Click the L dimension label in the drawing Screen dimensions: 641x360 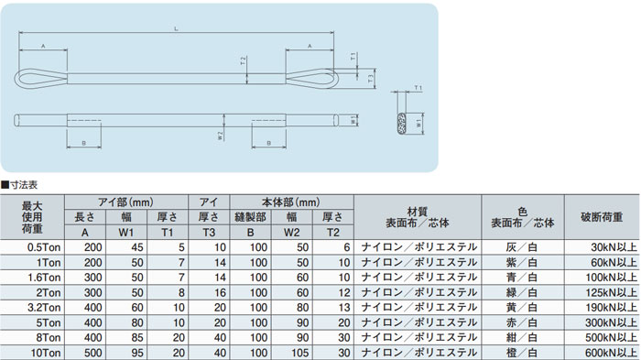point(176,28)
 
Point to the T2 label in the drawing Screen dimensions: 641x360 point(244,61)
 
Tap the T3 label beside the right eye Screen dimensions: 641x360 point(370,78)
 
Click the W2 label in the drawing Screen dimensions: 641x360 point(220,136)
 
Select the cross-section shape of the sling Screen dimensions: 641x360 point(402,123)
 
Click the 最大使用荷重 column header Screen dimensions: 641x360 point(32,217)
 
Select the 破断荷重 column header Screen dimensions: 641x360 point(602,217)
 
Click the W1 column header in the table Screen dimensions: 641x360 point(126,233)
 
